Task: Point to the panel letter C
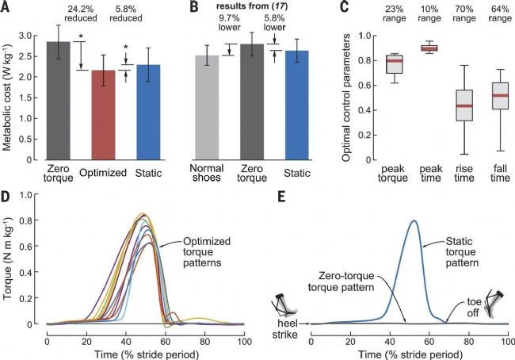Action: pyautogui.click(x=345, y=9)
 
